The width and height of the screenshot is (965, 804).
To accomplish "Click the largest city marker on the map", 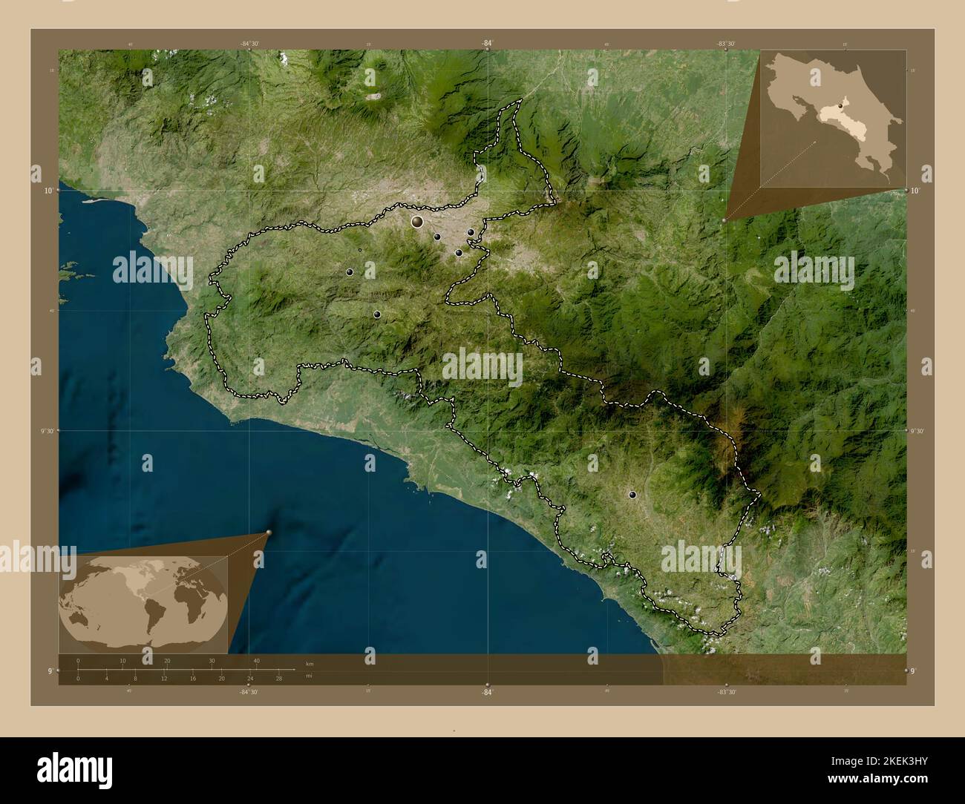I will pos(417,221).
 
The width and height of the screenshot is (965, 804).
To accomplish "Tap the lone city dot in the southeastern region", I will pos(632,494).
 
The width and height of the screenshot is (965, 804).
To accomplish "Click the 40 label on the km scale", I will pos(256,661).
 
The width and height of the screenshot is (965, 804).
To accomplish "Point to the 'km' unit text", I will pos(310,662).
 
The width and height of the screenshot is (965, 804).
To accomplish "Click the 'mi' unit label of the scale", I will pos(310,676).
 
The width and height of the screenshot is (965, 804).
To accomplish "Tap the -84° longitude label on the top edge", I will pos(486,44).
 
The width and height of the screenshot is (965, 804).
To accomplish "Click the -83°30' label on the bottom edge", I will pos(727,691).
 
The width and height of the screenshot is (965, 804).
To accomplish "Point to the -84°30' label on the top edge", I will pos(249,44).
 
